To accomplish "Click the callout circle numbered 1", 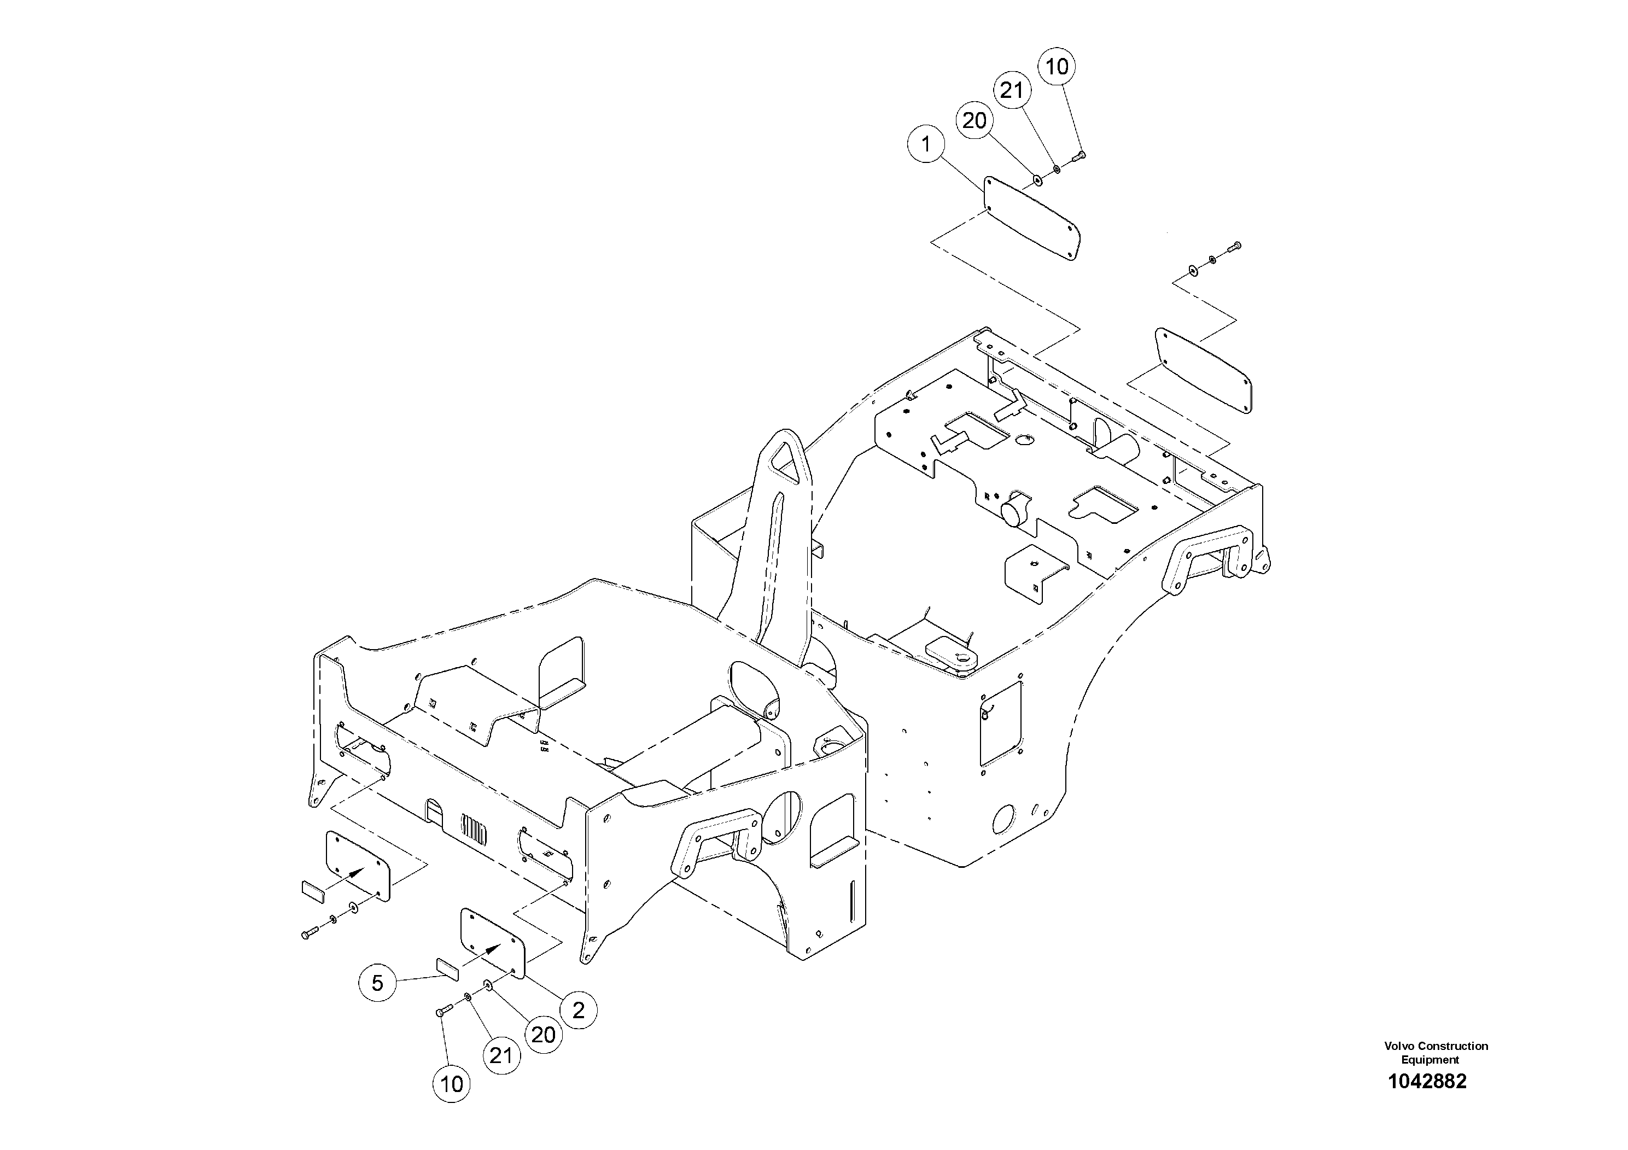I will tap(926, 144).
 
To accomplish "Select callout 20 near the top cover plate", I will tap(975, 120).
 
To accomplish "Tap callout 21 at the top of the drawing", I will tap(1012, 90).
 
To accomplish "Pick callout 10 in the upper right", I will tap(1057, 67).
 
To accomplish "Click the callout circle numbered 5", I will tap(377, 983).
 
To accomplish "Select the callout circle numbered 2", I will tap(579, 1011).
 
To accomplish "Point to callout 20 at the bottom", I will tap(543, 1035).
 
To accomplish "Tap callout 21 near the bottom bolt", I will tap(500, 1056).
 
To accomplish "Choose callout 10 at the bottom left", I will tap(452, 1083).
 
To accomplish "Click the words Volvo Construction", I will tap(1436, 1046).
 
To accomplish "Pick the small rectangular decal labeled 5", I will tap(447, 968).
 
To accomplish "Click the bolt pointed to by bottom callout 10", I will tap(442, 1012).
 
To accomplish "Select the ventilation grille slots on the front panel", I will tap(474, 830).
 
